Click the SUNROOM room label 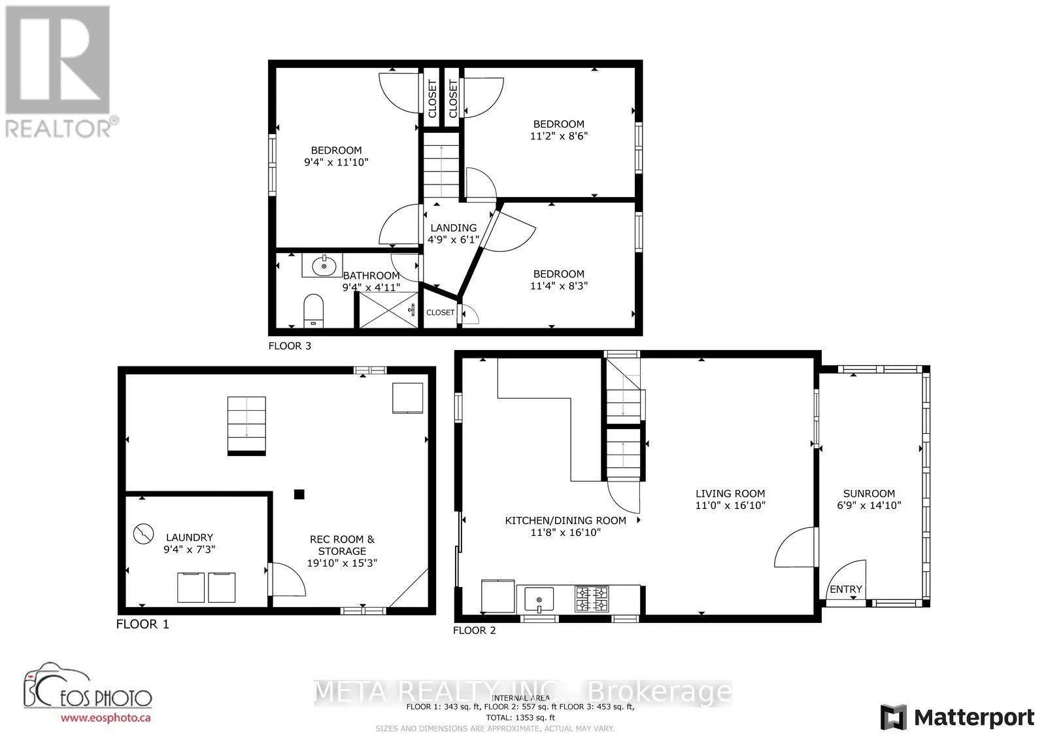[x=869, y=493]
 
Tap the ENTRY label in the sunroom [x=846, y=589]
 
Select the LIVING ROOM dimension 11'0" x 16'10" [x=730, y=505]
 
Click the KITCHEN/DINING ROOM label [x=565, y=521]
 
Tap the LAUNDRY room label [x=189, y=537]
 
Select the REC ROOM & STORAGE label [x=342, y=545]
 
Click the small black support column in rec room [x=299, y=494]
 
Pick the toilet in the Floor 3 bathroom [x=314, y=309]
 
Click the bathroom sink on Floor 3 [x=322, y=266]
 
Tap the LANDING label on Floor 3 [x=453, y=228]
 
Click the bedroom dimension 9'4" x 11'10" [x=336, y=162]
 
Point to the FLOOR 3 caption [x=290, y=345]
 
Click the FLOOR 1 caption [x=143, y=624]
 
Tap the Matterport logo [x=957, y=717]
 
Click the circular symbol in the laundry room [x=143, y=534]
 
